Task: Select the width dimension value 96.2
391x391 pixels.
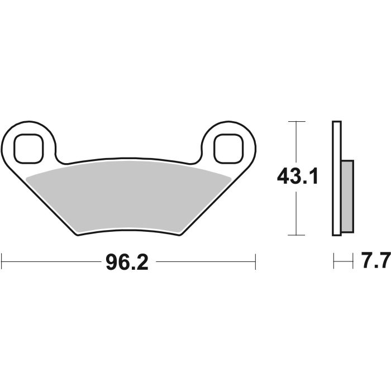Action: point(127,261)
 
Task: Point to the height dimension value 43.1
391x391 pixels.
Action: point(297,178)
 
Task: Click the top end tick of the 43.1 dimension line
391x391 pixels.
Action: point(296,121)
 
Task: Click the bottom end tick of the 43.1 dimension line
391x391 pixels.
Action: point(296,235)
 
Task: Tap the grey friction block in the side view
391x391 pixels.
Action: point(346,195)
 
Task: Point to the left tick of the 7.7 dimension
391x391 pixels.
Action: point(333,261)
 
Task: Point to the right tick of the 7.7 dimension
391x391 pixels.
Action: point(354,261)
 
